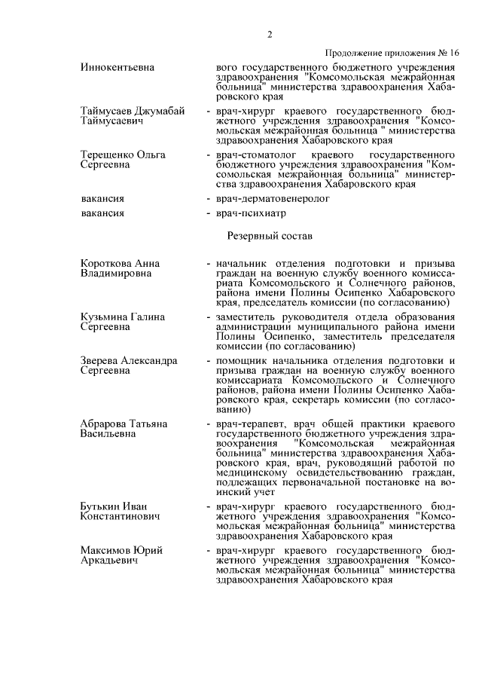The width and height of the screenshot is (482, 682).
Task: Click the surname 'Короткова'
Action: [x=106, y=264]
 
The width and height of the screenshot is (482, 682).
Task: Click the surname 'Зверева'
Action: [x=101, y=361]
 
